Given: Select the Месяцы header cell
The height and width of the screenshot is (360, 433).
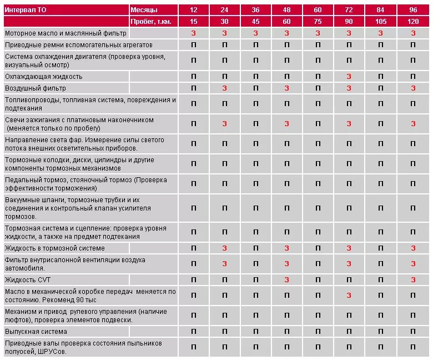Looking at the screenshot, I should tap(144, 10).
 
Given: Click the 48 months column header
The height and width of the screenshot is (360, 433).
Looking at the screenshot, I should tap(286, 10).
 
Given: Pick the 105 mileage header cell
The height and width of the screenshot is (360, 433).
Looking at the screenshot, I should tap(380, 21).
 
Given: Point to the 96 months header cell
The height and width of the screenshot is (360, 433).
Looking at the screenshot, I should tap(413, 10).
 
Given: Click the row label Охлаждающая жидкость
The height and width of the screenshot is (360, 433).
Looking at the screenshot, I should tap(44, 76).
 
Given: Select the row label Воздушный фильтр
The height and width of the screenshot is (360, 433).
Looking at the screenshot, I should tap(36, 88).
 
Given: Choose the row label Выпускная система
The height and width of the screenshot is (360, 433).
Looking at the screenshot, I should tap(36, 331).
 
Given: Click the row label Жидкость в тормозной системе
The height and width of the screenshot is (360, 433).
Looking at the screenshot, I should tap(55, 248).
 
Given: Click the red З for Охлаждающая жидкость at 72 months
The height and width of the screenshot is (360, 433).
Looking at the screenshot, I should tap(349, 76).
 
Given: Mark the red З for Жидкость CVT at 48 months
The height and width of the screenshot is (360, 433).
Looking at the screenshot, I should tap(286, 279).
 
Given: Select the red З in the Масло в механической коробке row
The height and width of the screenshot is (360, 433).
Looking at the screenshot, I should tap(349, 295).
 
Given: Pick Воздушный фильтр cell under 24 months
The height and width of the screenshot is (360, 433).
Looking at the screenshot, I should tap(224, 88).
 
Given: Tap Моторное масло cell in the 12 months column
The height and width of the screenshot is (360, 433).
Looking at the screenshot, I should tap(193, 33).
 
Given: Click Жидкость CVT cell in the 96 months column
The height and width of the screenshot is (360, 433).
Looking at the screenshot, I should tap(413, 279).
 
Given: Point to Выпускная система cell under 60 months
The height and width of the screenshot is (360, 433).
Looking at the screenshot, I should tap(318, 331).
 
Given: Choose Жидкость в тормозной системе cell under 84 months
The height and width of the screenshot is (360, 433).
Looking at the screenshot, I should tap(380, 248).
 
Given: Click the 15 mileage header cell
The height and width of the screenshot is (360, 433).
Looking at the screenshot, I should tap(193, 21).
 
